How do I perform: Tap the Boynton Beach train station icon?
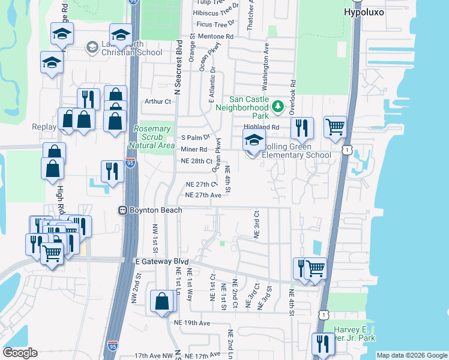122,211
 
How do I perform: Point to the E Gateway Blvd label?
160,262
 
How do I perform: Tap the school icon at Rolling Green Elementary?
253,142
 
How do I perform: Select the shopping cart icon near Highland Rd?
335,127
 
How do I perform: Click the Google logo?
20,353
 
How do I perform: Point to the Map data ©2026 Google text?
411,355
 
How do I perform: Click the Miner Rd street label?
194,149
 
